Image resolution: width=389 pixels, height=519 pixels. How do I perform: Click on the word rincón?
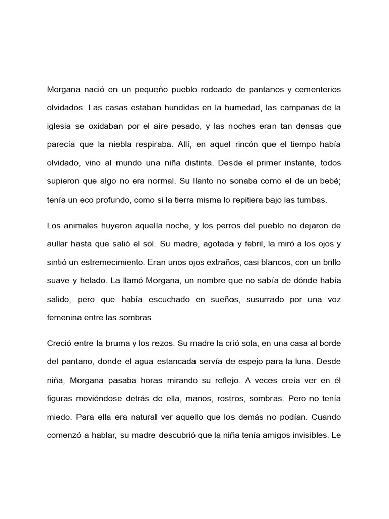236,145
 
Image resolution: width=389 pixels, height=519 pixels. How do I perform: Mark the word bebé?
329,181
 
